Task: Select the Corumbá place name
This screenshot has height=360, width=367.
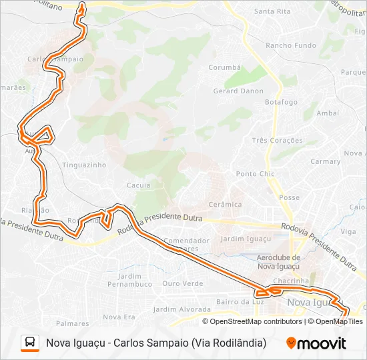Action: click(x=224, y=67)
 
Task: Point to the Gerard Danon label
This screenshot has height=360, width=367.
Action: click(x=238, y=91)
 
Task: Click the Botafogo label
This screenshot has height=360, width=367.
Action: click(x=281, y=102)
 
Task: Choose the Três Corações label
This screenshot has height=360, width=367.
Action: click(x=277, y=141)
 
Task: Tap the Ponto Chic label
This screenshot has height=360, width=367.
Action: click(x=255, y=174)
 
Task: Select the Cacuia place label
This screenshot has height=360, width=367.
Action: click(x=138, y=185)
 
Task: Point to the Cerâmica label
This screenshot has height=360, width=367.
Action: click(x=225, y=204)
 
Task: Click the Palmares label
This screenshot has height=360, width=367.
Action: click(x=73, y=323)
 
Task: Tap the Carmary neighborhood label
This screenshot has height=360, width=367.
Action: click(x=325, y=161)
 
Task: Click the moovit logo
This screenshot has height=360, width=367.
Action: click(x=316, y=343)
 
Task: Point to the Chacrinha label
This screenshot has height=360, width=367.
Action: click(x=291, y=281)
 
